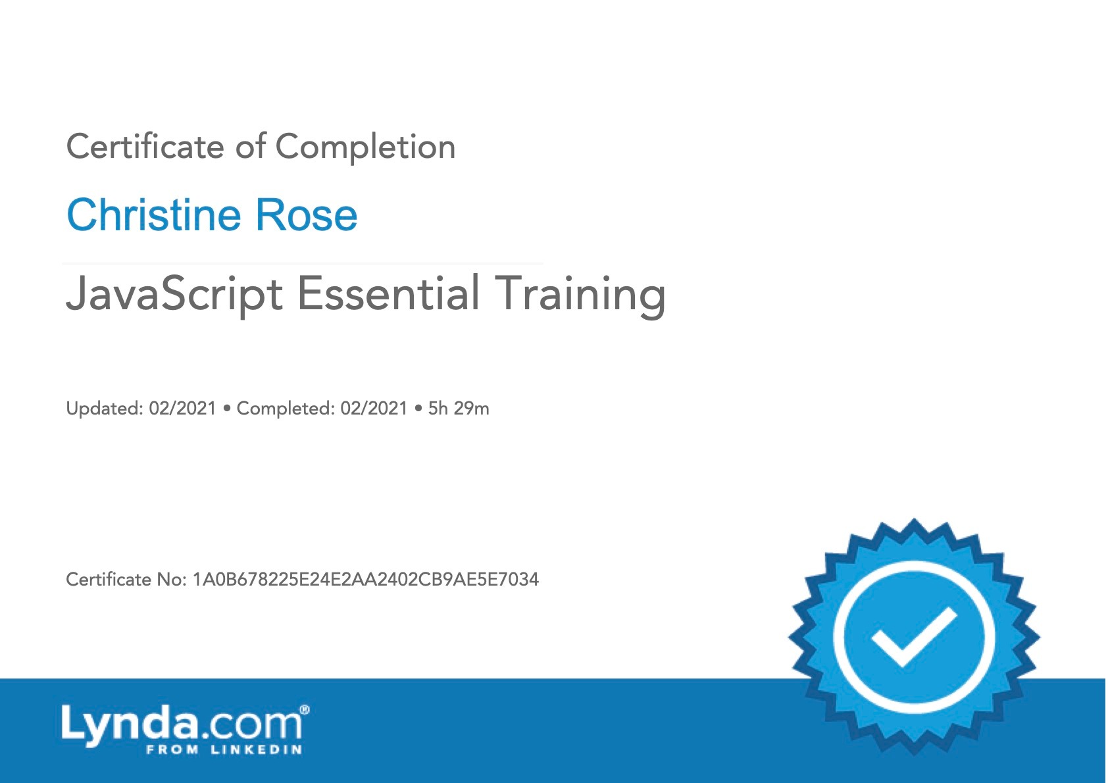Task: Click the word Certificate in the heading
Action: (x=145, y=147)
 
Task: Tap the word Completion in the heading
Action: (x=366, y=147)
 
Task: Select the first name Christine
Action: (x=154, y=215)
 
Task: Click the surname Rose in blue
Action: (x=306, y=215)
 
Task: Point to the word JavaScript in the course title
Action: (x=174, y=294)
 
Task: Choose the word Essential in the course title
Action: (x=388, y=293)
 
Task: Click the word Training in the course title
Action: (x=580, y=295)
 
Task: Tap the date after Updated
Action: (x=183, y=409)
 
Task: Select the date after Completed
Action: (x=374, y=409)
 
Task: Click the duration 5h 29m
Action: (x=459, y=409)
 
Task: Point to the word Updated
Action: (x=105, y=409)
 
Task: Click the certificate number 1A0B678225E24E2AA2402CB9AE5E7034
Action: (x=366, y=579)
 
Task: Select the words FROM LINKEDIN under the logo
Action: (x=224, y=750)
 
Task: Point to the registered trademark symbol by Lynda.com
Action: (x=305, y=710)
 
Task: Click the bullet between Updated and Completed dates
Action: (x=227, y=409)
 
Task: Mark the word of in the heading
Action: (x=250, y=147)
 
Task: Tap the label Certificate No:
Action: (x=126, y=579)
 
